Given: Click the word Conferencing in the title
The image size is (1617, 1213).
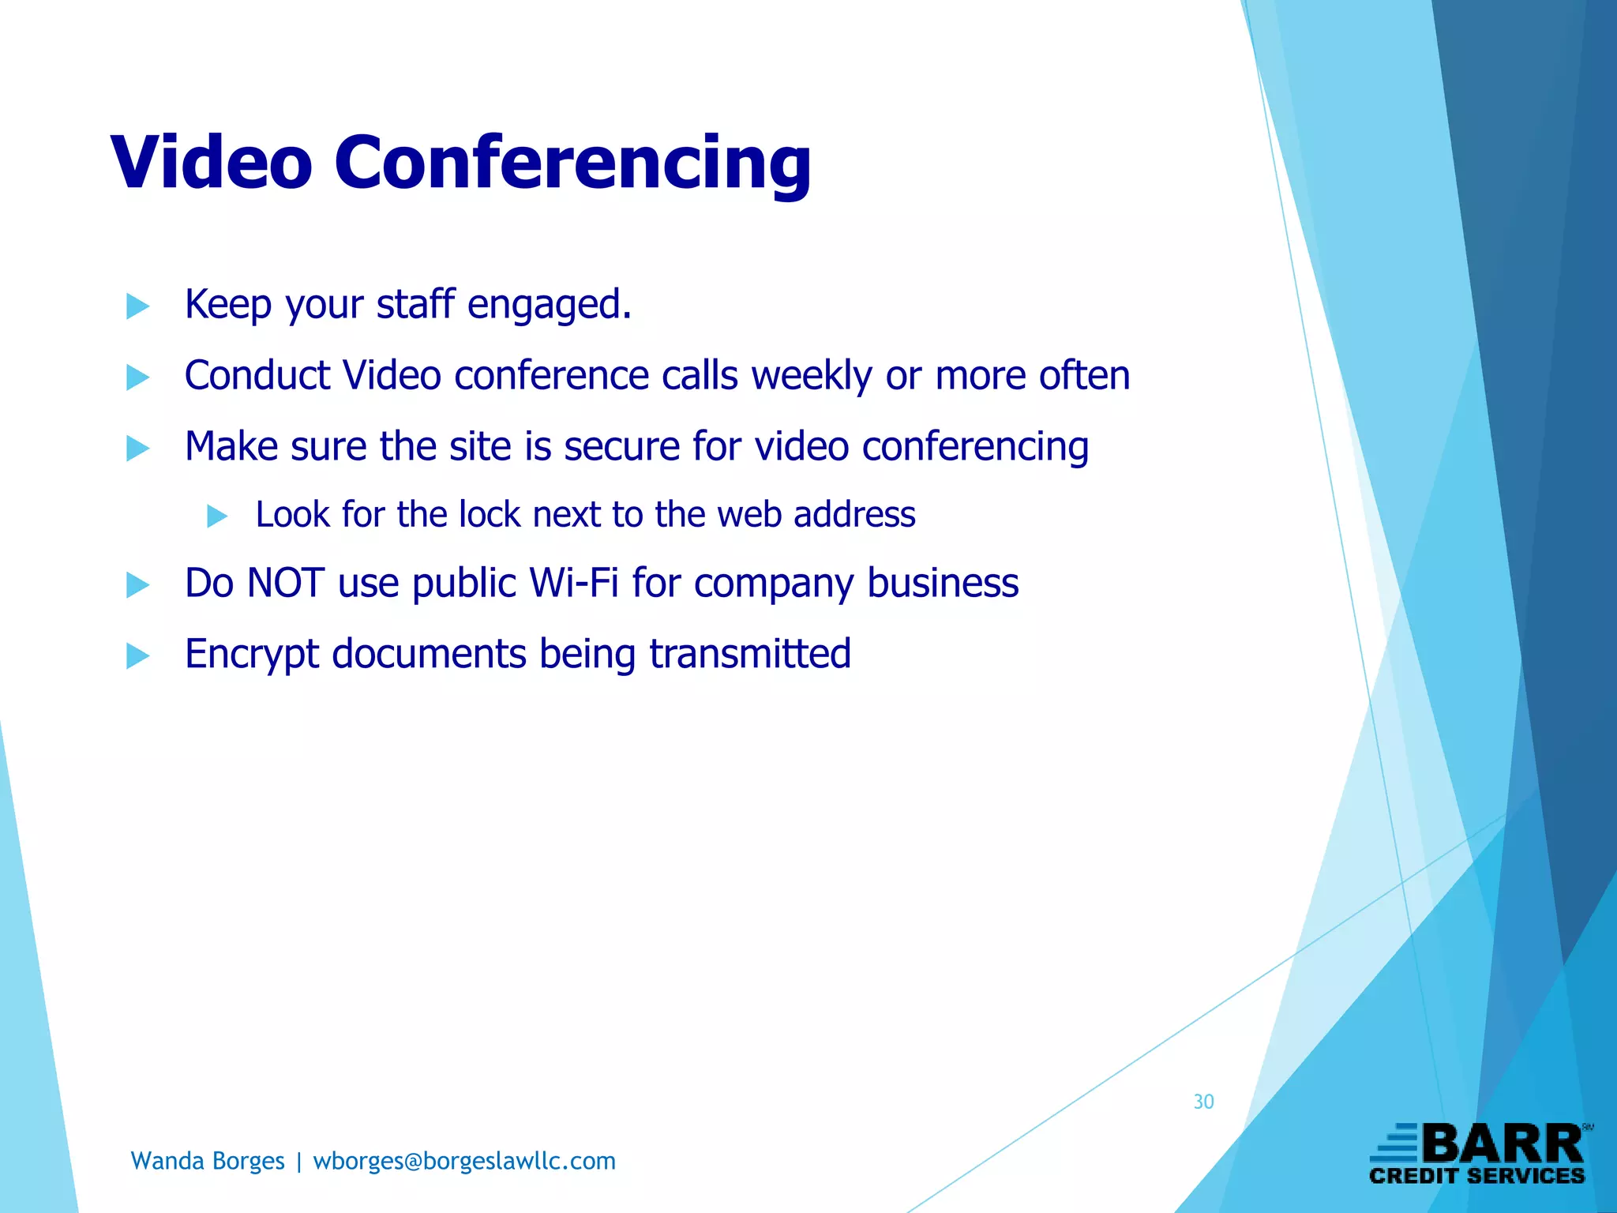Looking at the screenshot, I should (x=572, y=163).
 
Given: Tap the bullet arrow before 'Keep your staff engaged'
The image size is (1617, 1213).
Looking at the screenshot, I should (x=137, y=306).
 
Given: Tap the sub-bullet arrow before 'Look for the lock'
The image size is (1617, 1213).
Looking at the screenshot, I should (x=217, y=516).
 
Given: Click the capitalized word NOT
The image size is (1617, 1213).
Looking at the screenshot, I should (x=285, y=584).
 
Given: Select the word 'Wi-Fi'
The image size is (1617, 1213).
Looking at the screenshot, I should (x=573, y=584).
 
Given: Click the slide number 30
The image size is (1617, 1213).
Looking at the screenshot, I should (x=1203, y=1102).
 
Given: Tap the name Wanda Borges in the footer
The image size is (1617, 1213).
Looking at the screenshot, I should (x=208, y=1161).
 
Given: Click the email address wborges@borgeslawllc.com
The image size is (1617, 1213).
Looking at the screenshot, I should (x=464, y=1161).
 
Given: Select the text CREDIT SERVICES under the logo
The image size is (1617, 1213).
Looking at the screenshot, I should (x=1476, y=1176).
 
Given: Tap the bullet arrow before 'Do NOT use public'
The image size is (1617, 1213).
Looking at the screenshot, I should (x=137, y=585).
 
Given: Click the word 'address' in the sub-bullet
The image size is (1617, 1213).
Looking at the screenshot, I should (x=854, y=515).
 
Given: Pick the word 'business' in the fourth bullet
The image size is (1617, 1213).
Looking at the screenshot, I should (x=943, y=584).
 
